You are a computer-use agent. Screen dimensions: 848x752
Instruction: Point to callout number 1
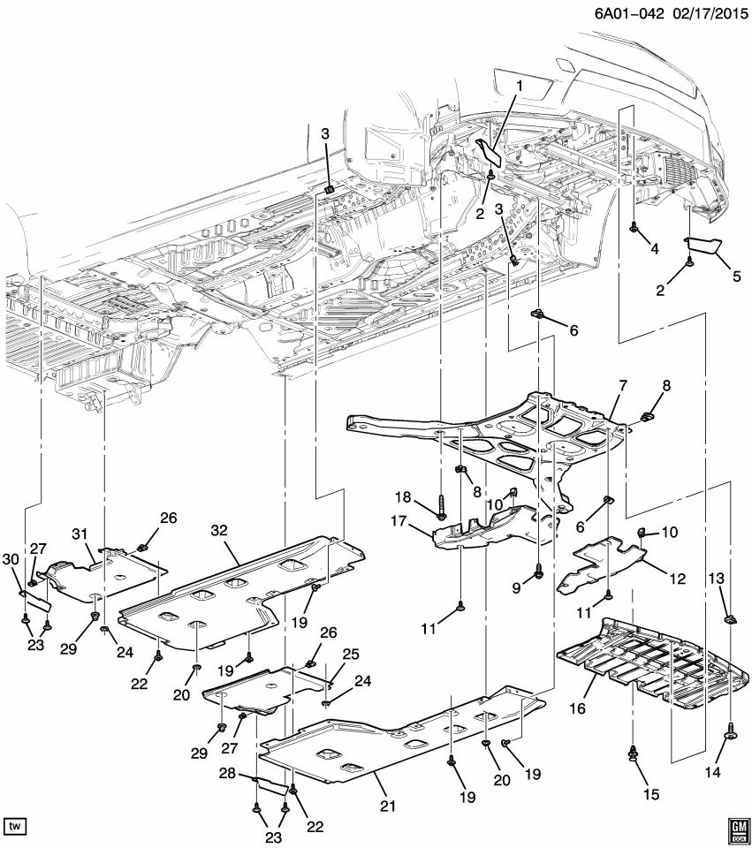[x=520, y=86]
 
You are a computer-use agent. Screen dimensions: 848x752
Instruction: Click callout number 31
[x=80, y=534]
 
